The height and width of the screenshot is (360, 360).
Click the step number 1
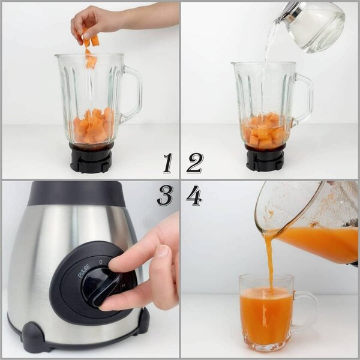[167, 163]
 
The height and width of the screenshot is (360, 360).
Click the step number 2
[194, 163]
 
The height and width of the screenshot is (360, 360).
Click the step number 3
[165, 196]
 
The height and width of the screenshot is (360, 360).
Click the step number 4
[194, 196]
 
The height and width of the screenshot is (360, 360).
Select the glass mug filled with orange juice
[266, 312]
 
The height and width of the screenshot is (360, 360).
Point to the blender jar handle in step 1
[132, 93]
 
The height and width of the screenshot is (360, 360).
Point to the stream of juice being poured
[269, 258]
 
